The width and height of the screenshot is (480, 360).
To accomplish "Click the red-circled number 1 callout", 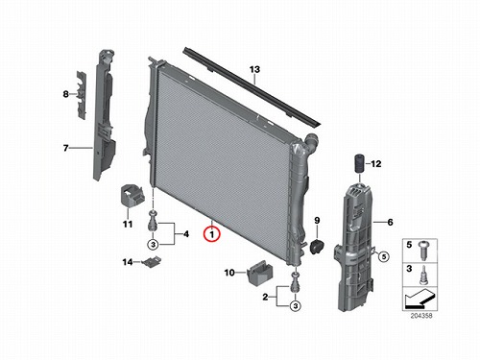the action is [x=211, y=234].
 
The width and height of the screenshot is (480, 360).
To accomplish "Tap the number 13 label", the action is [x=254, y=69].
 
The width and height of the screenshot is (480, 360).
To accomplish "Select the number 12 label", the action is [x=376, y=164].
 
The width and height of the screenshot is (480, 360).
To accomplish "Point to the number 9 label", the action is [x=317, y=220].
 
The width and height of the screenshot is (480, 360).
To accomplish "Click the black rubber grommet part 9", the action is [x=317, y=247].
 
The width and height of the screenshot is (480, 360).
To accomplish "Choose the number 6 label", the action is [x=390, y=222].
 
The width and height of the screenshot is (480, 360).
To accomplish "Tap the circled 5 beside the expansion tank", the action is [x=384, y=256].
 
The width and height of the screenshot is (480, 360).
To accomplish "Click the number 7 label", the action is [x=66, y=148].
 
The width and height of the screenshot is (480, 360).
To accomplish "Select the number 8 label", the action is [x=65, y=94].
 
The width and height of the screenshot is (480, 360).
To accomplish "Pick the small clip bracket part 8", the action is [x=82, y=95].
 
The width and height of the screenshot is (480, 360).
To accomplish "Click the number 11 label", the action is [x=128, y=225].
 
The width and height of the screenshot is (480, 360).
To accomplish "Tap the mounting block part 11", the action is [x=132, y=195].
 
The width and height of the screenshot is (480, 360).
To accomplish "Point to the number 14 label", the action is [x=128, y=262].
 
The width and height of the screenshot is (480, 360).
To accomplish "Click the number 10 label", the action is [x=229, y=273].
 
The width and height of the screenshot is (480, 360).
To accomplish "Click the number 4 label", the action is [x=186, y=234].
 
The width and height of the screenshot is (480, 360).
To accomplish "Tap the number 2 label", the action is [x=265, y=297].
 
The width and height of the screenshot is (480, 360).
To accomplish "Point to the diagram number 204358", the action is [x=421, y=316].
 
